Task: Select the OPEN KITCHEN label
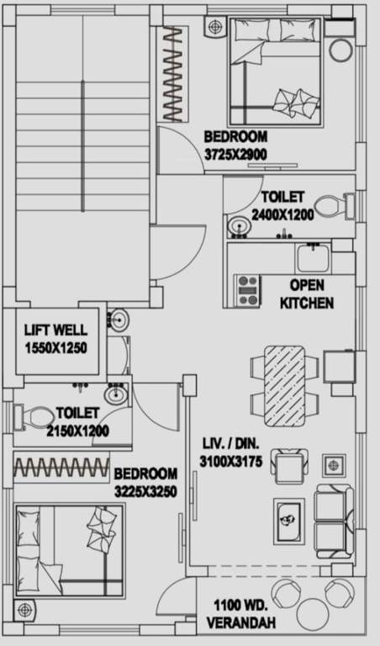tap(307, 294)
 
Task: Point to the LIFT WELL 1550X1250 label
tap(55, 338)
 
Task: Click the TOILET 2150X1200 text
tap(77, 421)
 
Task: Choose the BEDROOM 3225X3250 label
tap(145, 483)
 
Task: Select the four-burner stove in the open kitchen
tap(248, 289)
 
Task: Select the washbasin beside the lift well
tap(119, 320)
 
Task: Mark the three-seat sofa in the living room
tap(334, 519)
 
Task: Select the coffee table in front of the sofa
tap(288, 516)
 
